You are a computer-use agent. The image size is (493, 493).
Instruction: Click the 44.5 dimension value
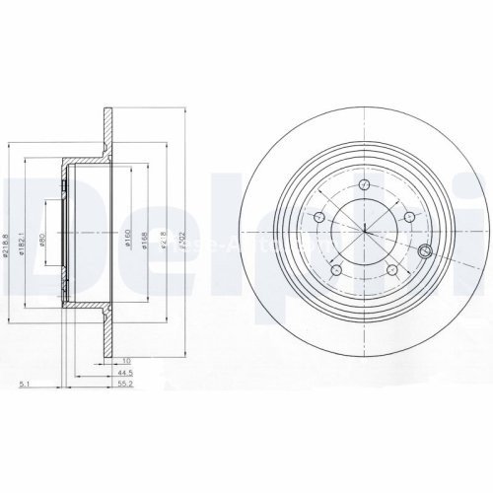(x=123, y=375)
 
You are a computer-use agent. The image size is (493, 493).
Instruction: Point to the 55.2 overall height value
(x=123, y=387)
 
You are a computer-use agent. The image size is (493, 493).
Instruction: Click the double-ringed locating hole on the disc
(x=426, y=249)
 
